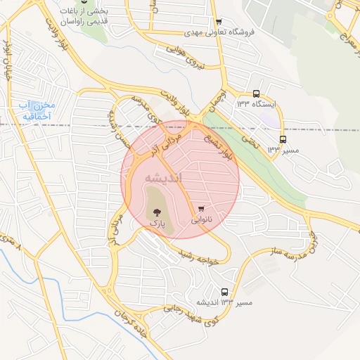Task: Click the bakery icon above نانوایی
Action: coord(202,208)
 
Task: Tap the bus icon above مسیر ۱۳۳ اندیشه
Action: coord(224,292)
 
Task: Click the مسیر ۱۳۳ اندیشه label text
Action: coord(224,304)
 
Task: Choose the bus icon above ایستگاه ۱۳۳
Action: coord(255,93)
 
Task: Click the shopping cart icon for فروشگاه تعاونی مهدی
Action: coord(219,22)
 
